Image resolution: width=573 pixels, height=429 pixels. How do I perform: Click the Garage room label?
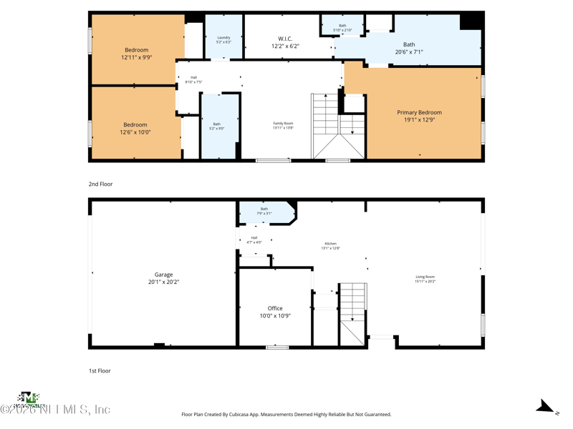163,278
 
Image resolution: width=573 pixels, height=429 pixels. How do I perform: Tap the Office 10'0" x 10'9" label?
275,312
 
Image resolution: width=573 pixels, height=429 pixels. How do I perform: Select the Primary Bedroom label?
419,116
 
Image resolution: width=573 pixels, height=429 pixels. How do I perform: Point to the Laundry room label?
223,40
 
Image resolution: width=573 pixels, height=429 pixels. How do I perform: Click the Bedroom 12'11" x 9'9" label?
136,54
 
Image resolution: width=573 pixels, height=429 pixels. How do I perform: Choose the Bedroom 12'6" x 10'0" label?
135,128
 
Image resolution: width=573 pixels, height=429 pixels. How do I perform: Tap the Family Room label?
283,125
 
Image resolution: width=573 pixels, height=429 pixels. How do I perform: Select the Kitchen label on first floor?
330,245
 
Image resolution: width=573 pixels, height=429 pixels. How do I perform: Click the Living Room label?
425,279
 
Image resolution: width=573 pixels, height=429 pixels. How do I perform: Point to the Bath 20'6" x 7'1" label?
409,48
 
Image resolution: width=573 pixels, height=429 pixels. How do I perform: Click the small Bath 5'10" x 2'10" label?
342,27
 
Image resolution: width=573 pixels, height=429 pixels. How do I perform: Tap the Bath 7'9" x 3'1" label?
264,211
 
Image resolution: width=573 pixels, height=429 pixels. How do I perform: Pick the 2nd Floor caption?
100,184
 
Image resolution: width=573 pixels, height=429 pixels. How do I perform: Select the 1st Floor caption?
100,371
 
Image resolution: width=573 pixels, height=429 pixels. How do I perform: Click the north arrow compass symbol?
546,407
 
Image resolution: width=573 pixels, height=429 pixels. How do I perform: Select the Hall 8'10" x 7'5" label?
193,79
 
